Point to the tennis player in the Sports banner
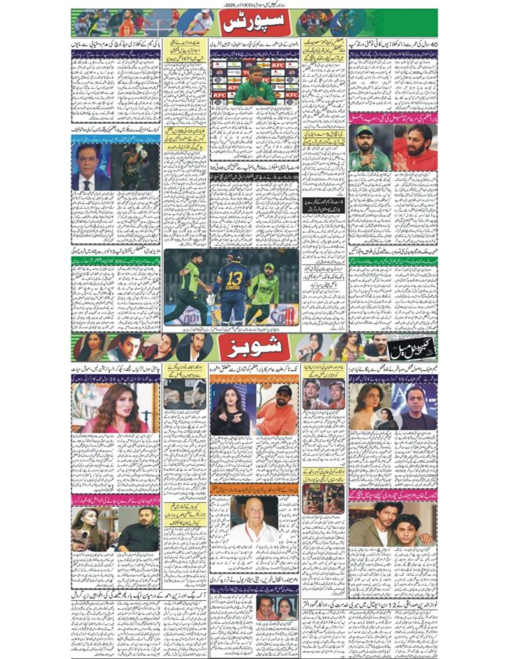(188, 22)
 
